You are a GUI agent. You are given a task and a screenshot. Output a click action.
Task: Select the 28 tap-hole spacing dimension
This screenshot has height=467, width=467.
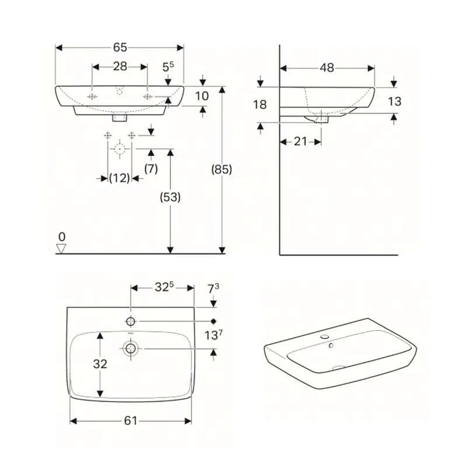[120, 67]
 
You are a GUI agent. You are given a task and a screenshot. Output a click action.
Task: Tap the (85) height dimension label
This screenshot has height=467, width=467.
[222, 170]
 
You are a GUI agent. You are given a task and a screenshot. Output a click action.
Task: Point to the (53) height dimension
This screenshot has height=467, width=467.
[170, 197]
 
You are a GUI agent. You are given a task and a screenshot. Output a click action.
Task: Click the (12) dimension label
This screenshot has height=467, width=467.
[120, 179]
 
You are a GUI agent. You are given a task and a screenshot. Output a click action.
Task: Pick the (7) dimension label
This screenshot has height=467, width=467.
[151, 169]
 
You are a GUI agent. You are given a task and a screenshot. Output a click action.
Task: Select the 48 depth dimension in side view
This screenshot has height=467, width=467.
[327, 68]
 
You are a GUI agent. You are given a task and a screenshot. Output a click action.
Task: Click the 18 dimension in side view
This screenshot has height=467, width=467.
[260, 104]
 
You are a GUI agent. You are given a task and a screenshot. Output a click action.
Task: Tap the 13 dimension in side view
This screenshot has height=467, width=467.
[395, 102]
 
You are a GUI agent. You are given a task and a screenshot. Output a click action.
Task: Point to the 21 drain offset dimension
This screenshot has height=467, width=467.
[301, 141]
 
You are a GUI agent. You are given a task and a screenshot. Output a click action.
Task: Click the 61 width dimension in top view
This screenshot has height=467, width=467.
[131, 420]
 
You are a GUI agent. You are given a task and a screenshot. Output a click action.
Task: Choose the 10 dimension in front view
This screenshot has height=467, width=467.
[202, 95]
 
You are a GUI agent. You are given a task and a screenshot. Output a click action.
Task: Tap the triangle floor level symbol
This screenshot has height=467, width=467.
[62, 249]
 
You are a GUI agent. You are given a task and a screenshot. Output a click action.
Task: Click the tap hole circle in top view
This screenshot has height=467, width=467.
[131, 320]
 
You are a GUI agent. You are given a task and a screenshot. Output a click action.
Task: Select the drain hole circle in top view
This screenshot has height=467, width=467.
[131, 348]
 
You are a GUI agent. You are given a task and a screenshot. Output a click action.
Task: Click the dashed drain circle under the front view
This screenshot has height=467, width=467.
[120, 149]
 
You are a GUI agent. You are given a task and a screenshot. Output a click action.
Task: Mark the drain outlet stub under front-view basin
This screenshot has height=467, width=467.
[121, 117]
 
